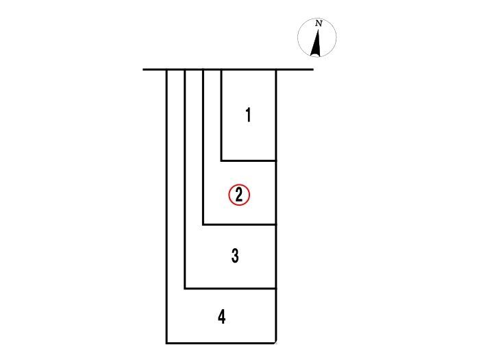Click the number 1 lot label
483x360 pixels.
click(248, 115)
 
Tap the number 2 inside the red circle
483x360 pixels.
click(239, 195)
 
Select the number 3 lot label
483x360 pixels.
click(235, 256)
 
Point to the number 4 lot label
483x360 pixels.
click(222, 317)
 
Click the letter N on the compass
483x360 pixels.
click(319, 23)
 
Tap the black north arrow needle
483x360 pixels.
click(317, 43)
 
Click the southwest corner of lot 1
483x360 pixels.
click(221, 160)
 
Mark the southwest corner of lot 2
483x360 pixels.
click(203, 225)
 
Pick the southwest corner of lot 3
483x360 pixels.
click(185, 289)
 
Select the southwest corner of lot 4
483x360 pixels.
click(166, 343)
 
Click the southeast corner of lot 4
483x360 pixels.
click(275, 343)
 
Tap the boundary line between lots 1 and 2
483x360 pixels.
click(249, 160)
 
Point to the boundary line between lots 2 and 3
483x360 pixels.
click(239, 225)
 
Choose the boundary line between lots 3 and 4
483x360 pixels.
click(230, 289)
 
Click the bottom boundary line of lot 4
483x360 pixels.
click(221, 343)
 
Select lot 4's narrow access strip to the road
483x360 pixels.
click(175, 179)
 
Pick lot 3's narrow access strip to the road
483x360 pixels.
click(194, 147)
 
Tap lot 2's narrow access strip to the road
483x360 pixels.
click(212, 116)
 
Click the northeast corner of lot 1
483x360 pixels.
click(276, 70)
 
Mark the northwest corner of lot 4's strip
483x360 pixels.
click(166, 70)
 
